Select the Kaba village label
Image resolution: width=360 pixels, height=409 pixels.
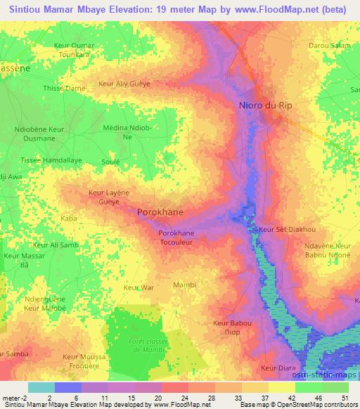point(69,219)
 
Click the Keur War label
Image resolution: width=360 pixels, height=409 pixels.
point(138,287)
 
